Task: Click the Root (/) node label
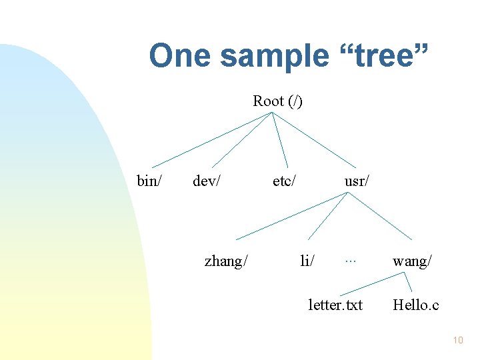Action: (277, 101)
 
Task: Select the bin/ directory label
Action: (149, 181)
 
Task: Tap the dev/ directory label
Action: (207, 181)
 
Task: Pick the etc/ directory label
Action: (285, 181)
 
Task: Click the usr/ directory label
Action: (357, 181)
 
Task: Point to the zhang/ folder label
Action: (226, 261)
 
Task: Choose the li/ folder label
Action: (307, 261)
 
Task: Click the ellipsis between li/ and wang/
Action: (350, 260)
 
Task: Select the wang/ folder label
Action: (412, 261)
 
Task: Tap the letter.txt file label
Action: (335, 305)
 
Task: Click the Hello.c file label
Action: (415, 305)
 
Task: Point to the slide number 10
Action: (457, 341)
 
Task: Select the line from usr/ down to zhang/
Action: (291, 215)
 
